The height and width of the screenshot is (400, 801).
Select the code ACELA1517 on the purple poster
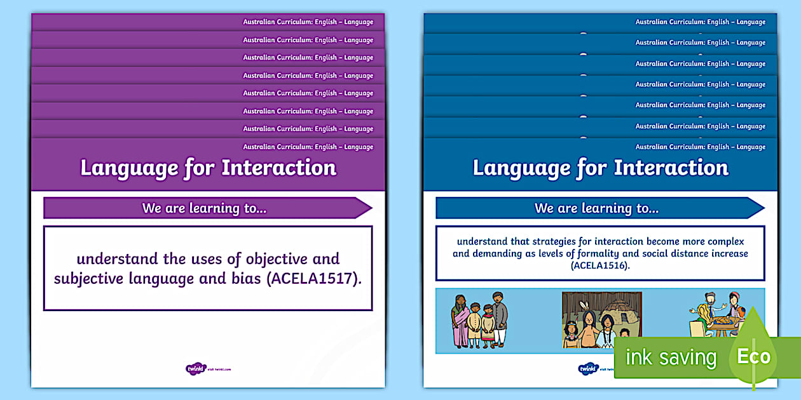[x=311, y=279]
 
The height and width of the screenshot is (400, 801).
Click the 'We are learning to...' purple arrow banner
[x=207, y=208]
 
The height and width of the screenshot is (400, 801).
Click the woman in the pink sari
[x=460, y=321]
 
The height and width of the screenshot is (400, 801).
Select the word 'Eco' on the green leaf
[x=753, y=357]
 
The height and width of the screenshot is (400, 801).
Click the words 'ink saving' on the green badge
[x=670, y=358]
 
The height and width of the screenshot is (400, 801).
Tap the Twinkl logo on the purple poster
[x=193, y=368]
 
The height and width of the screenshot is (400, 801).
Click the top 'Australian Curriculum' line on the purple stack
[x=308, y=22]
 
